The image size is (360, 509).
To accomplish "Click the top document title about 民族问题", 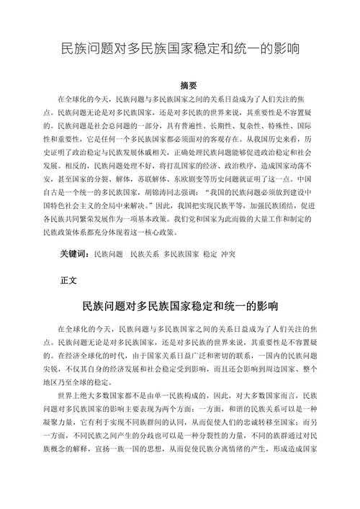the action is [x=179, y=50].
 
